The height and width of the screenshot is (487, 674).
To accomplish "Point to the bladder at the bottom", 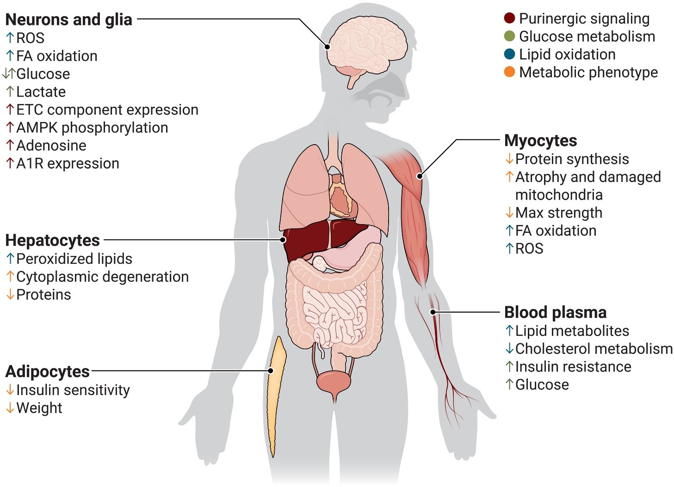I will tap(334, 382).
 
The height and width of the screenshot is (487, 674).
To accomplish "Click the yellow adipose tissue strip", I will tap(276, 393).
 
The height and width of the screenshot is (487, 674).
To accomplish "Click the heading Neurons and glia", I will tap(68, 19).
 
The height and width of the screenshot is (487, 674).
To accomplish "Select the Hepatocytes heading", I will tap(52, 240).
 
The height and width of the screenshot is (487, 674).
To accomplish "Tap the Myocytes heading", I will tap(540, 140).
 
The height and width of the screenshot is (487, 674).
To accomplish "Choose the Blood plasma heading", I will tap(555, 312).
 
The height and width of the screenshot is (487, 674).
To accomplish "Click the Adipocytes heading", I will tap(47, 371).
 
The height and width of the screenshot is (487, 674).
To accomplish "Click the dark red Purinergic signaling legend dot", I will tap(509, 18).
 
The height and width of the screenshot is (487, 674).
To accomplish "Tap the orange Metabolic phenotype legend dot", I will tap(509, 72).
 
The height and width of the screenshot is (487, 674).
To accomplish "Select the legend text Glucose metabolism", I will tap(587, 37).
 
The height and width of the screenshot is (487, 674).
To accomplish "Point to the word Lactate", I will tap(41, 92).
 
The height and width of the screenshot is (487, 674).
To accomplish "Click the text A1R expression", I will tap(68, 164).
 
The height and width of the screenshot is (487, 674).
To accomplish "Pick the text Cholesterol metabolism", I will tap(594, 349).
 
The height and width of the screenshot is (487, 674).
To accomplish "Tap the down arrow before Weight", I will tap(10, 408).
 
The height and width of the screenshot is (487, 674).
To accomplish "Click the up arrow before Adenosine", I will tap(10, 146).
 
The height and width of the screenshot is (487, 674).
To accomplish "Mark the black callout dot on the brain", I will tap(327, 47).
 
